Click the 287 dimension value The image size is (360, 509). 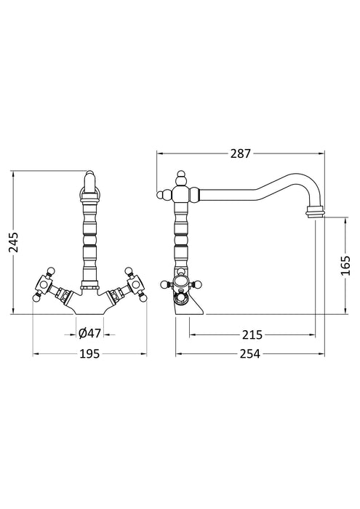click(x=240, y=154)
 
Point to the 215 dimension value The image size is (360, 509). click(x=252, y=334)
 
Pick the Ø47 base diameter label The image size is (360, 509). click(x=90, y=334)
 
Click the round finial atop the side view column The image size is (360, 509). click(x=180, y=178)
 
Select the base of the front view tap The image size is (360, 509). click(x=90, y=305)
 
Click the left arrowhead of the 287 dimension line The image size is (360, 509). click(x=161, y=154)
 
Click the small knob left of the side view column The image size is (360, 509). click(x=162, y=193)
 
